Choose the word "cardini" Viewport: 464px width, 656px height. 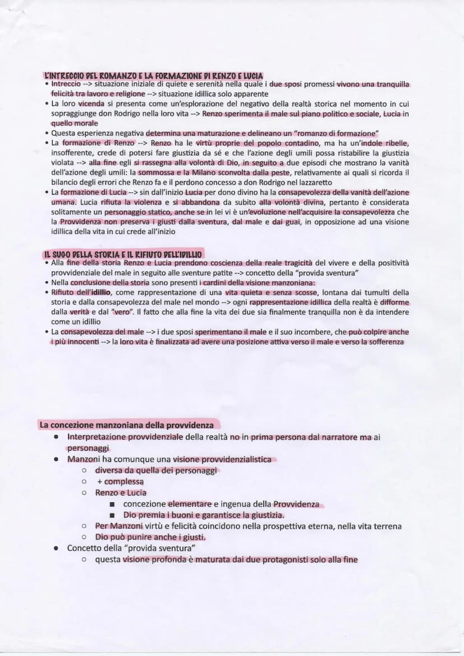[x=217, y=282]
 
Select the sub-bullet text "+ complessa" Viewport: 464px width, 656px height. [x=119, y=482]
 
